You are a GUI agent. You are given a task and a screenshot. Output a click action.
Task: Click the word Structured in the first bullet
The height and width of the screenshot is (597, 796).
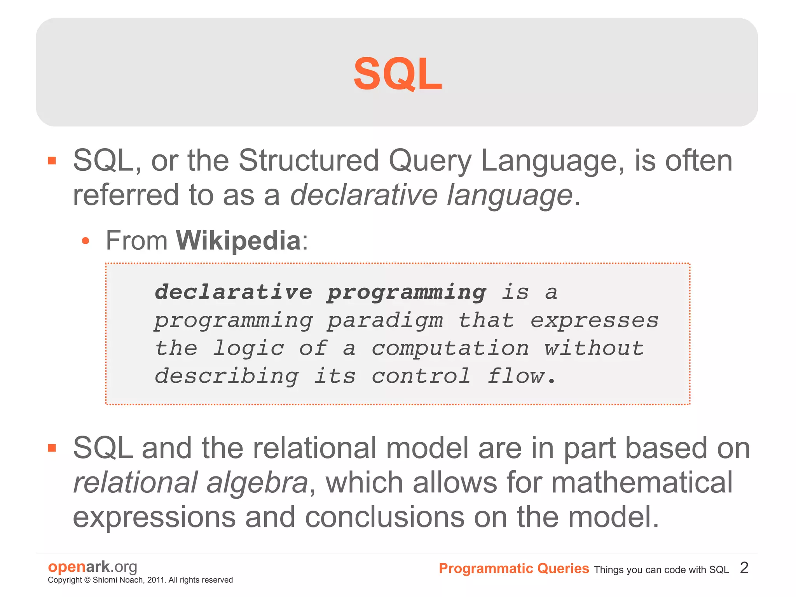pyautogui.click(x=308, y=160)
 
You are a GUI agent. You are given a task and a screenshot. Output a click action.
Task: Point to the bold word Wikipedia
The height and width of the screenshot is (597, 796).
pyautogui.click(x=238, y=241)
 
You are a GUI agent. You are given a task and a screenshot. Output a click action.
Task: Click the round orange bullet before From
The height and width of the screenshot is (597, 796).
pyautogui.click(x=86, y=241)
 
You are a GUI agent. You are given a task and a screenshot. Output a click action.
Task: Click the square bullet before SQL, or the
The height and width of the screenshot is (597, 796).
pyautogui.click(x=52, y=161)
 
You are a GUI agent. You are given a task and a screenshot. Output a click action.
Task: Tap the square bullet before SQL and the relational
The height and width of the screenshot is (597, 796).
pyautogui.click(x=52, y=448)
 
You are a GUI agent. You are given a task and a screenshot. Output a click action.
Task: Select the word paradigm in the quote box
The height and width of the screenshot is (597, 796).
pyautogui.click(x=385, y=321)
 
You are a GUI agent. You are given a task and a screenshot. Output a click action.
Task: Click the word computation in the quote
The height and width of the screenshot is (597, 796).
pyautogui.click(x=450, y=348)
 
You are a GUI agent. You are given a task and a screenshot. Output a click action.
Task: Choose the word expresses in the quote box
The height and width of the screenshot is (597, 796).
pyautogui.click(x=594, y=321)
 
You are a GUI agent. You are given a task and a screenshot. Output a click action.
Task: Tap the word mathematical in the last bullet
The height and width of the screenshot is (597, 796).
pyautogui.click(x=641, y=482)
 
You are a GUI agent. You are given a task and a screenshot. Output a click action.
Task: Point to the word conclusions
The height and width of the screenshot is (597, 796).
pyautogui.click(x=384, y=517)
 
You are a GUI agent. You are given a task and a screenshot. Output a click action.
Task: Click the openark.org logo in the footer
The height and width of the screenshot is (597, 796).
pyautogui.click(x=93, y=567)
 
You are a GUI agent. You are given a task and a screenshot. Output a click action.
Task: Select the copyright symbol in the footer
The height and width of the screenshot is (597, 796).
pyautogui.click(x=87, y=580)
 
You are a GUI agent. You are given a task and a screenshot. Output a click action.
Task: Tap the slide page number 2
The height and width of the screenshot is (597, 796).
pyautogui.click(x=744, y=568)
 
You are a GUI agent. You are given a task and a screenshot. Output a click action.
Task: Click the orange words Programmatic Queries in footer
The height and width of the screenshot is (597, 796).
pyautogui.click(x=513, y=569)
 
